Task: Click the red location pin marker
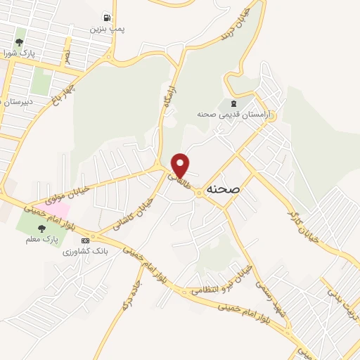point(181,165)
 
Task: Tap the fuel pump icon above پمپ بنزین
point(107,17)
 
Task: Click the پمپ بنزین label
point(107,30)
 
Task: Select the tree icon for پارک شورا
point(20,33)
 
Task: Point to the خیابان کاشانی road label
point(136,209)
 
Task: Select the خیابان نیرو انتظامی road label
point(222,285)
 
